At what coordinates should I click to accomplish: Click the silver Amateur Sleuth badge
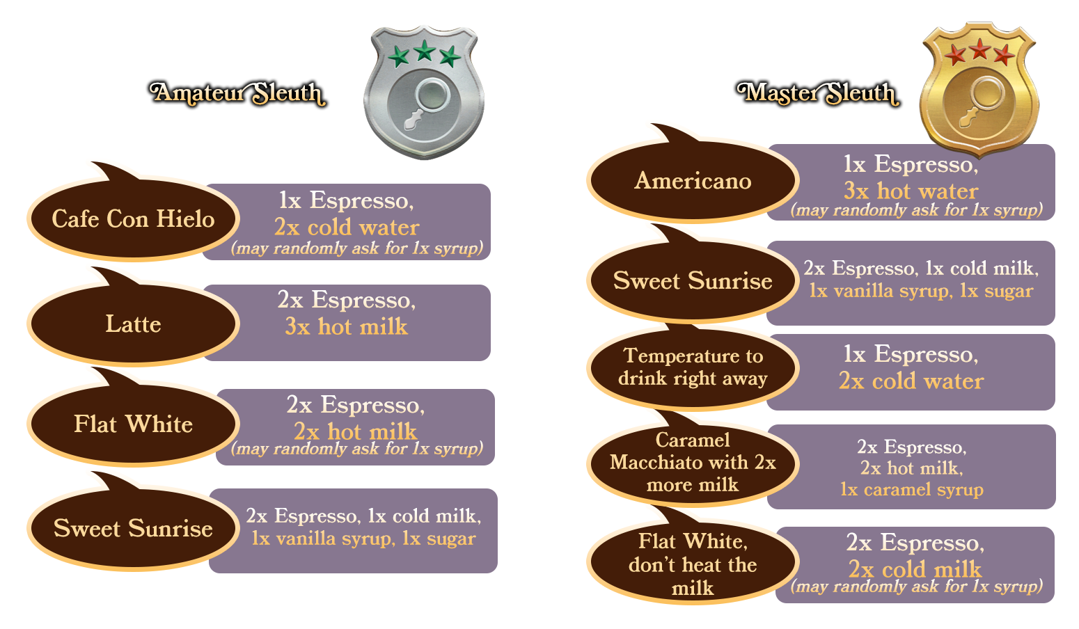(423, 92)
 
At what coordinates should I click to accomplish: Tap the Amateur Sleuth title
(238, 94)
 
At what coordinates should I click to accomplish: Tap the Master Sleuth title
(818, 94)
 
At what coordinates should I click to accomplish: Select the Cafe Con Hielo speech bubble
(133, 219)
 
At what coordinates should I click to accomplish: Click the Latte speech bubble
(133, 324)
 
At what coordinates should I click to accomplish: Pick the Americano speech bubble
(693, 181)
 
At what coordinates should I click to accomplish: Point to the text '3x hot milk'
(346, 326)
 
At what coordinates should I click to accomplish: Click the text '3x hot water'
(911, 191)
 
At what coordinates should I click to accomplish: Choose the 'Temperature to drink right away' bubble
(693, 367)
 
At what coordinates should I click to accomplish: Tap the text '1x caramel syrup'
(911, 489)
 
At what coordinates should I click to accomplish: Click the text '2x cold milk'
(915, 568)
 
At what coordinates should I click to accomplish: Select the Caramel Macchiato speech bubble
(693, 462)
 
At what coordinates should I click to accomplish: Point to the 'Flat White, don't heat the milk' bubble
(693, 564)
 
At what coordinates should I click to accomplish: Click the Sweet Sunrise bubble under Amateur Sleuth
(133, 529)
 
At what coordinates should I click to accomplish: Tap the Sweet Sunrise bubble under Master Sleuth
(693, 281)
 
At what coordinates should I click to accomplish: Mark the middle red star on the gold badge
(979, 49)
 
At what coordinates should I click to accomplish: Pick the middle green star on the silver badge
(424, 50)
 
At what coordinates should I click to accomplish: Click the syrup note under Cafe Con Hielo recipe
(357, 248)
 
